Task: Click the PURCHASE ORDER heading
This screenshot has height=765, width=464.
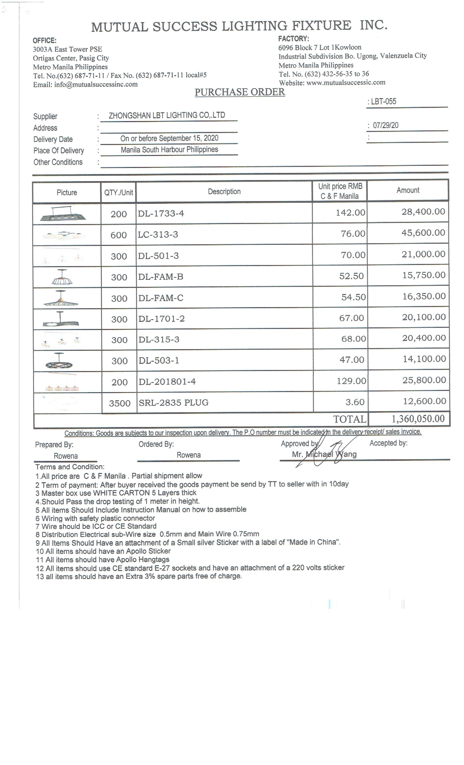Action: tap(239, 92)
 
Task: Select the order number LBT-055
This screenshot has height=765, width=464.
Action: tap(383, 102)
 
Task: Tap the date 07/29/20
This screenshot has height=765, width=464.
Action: tap(385, 125)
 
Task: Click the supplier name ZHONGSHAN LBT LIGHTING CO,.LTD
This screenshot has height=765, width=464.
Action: tap(167, 116)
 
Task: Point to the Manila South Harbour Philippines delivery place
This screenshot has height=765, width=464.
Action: tap(169, 150)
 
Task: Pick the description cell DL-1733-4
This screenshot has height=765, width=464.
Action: tap(161, 214)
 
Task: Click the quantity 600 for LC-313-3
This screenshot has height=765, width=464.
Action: tap(118, 235)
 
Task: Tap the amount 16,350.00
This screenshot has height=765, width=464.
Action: tap(424, 296)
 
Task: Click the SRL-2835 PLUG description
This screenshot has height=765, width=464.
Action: tap(174, 403)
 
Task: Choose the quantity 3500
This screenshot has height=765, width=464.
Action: tap(120, 403)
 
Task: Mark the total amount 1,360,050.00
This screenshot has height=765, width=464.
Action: tap(418, 419)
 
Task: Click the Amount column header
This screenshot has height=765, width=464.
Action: tap(408, 190)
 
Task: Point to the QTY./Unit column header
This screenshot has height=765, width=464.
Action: tap(118, 193)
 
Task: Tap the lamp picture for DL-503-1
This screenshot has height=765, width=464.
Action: tap(59, 361)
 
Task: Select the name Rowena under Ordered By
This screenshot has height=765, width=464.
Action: tap(189, 455)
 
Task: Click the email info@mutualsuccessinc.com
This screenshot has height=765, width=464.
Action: tap(96, 84)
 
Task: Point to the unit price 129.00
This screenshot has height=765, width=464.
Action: tap(352, 381)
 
